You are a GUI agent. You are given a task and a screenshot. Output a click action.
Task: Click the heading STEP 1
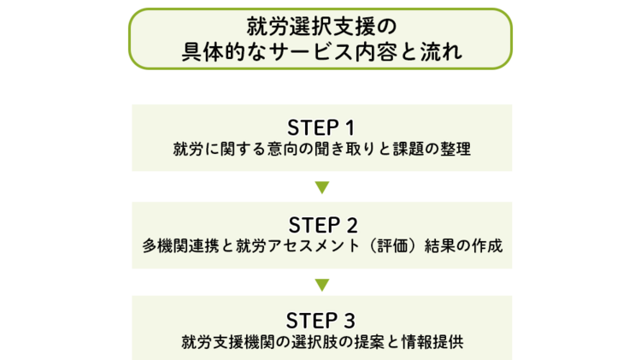(x=321, y=127)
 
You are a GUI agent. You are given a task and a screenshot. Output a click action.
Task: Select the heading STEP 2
(x=321, y=225)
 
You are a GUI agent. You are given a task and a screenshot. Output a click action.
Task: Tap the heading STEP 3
(x=321, y=322)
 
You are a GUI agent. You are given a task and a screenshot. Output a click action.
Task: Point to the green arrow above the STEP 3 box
(x=321, y=284)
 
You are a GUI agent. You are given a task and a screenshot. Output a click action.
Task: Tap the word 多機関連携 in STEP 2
(x=182, y=246)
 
